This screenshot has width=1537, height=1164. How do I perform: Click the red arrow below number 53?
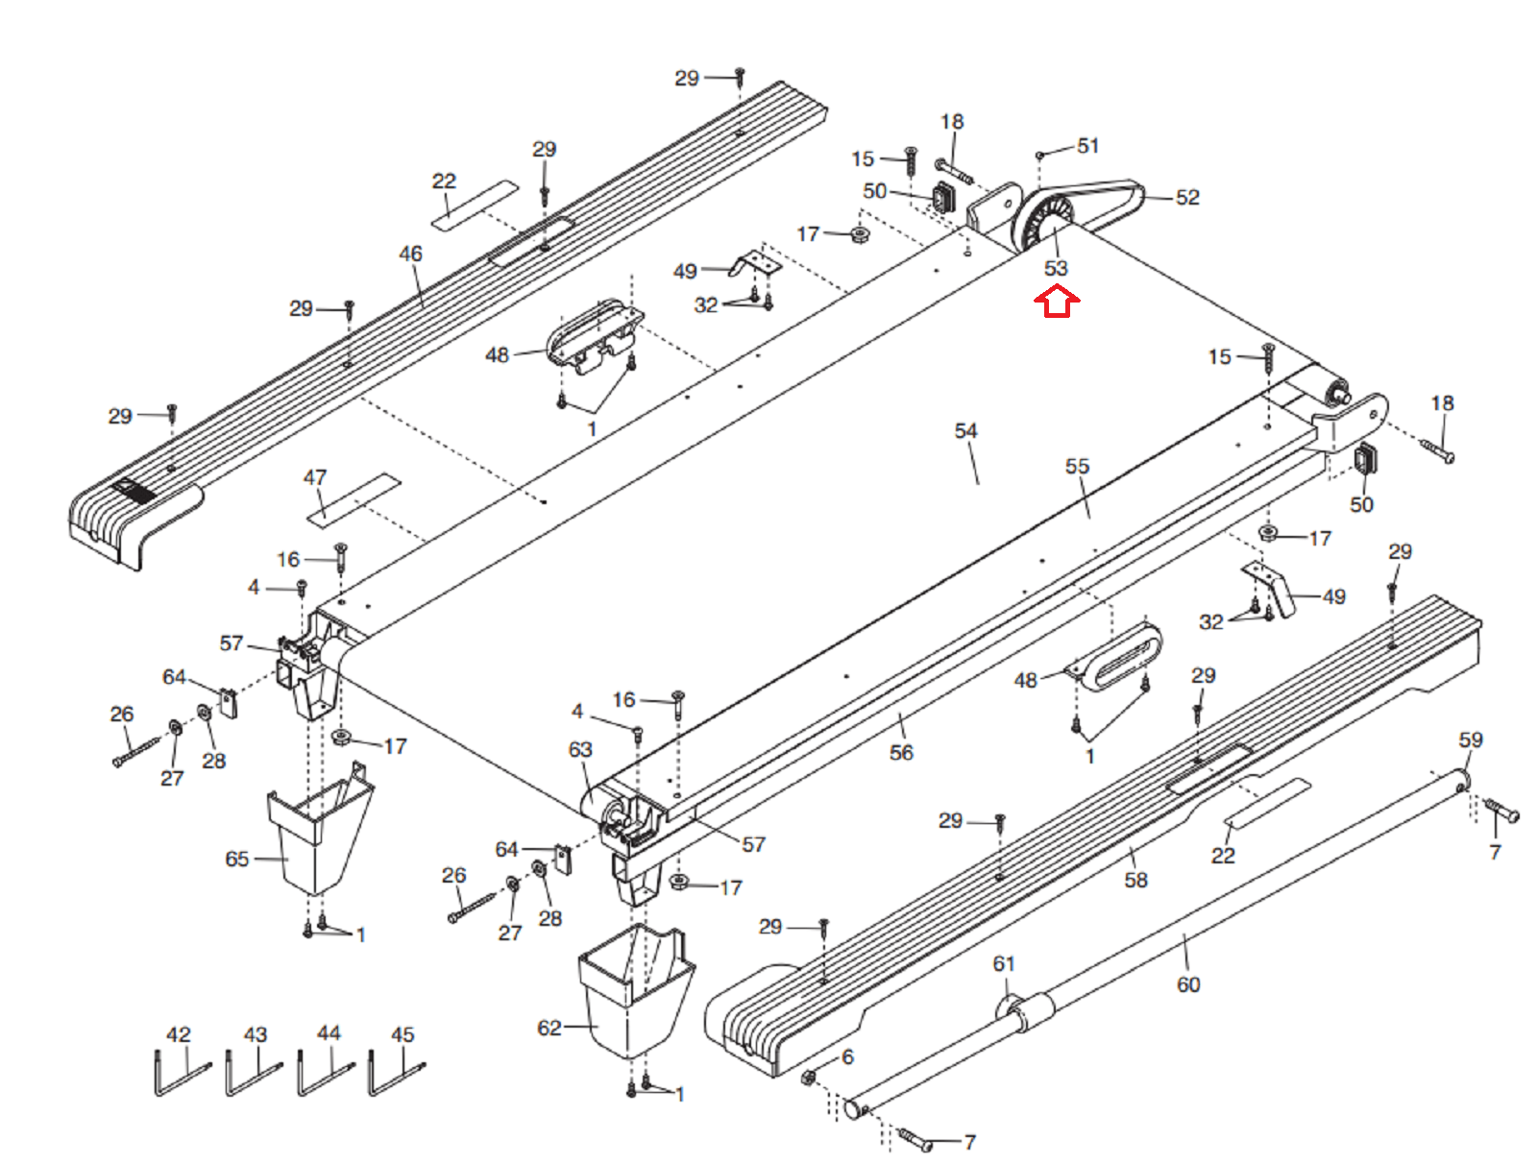tap(1057, 304)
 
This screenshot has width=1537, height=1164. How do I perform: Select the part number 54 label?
tap(965, 430)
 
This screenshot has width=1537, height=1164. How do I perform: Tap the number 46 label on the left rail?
tap(410, 254)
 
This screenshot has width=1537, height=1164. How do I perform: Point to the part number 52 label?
tap(1187, 198)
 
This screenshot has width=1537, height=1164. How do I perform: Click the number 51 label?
tap(1087, 146)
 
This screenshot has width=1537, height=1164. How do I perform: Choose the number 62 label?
tap(549, 1029)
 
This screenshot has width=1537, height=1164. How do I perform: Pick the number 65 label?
tap(236, 859)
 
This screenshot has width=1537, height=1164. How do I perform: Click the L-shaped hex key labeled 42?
tap(181, 1074)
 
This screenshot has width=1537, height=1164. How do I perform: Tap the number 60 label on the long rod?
tap(1188, 984)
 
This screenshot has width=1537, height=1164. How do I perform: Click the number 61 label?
tap(1004, 964)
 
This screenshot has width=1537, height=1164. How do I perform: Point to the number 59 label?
tap(1471, 740)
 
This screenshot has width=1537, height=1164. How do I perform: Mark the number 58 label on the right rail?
tap(1135, 880)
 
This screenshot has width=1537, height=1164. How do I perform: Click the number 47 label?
tap(314, 477)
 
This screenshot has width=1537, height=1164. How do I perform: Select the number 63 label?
tap(580, 750)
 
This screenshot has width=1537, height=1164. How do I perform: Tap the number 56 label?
tap(901, 752)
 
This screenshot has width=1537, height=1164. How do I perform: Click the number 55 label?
tap(1077, 466)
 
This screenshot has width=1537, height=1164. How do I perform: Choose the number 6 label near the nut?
tap(847, 1056)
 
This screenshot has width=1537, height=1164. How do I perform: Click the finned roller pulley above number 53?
tap(1040, 223)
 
